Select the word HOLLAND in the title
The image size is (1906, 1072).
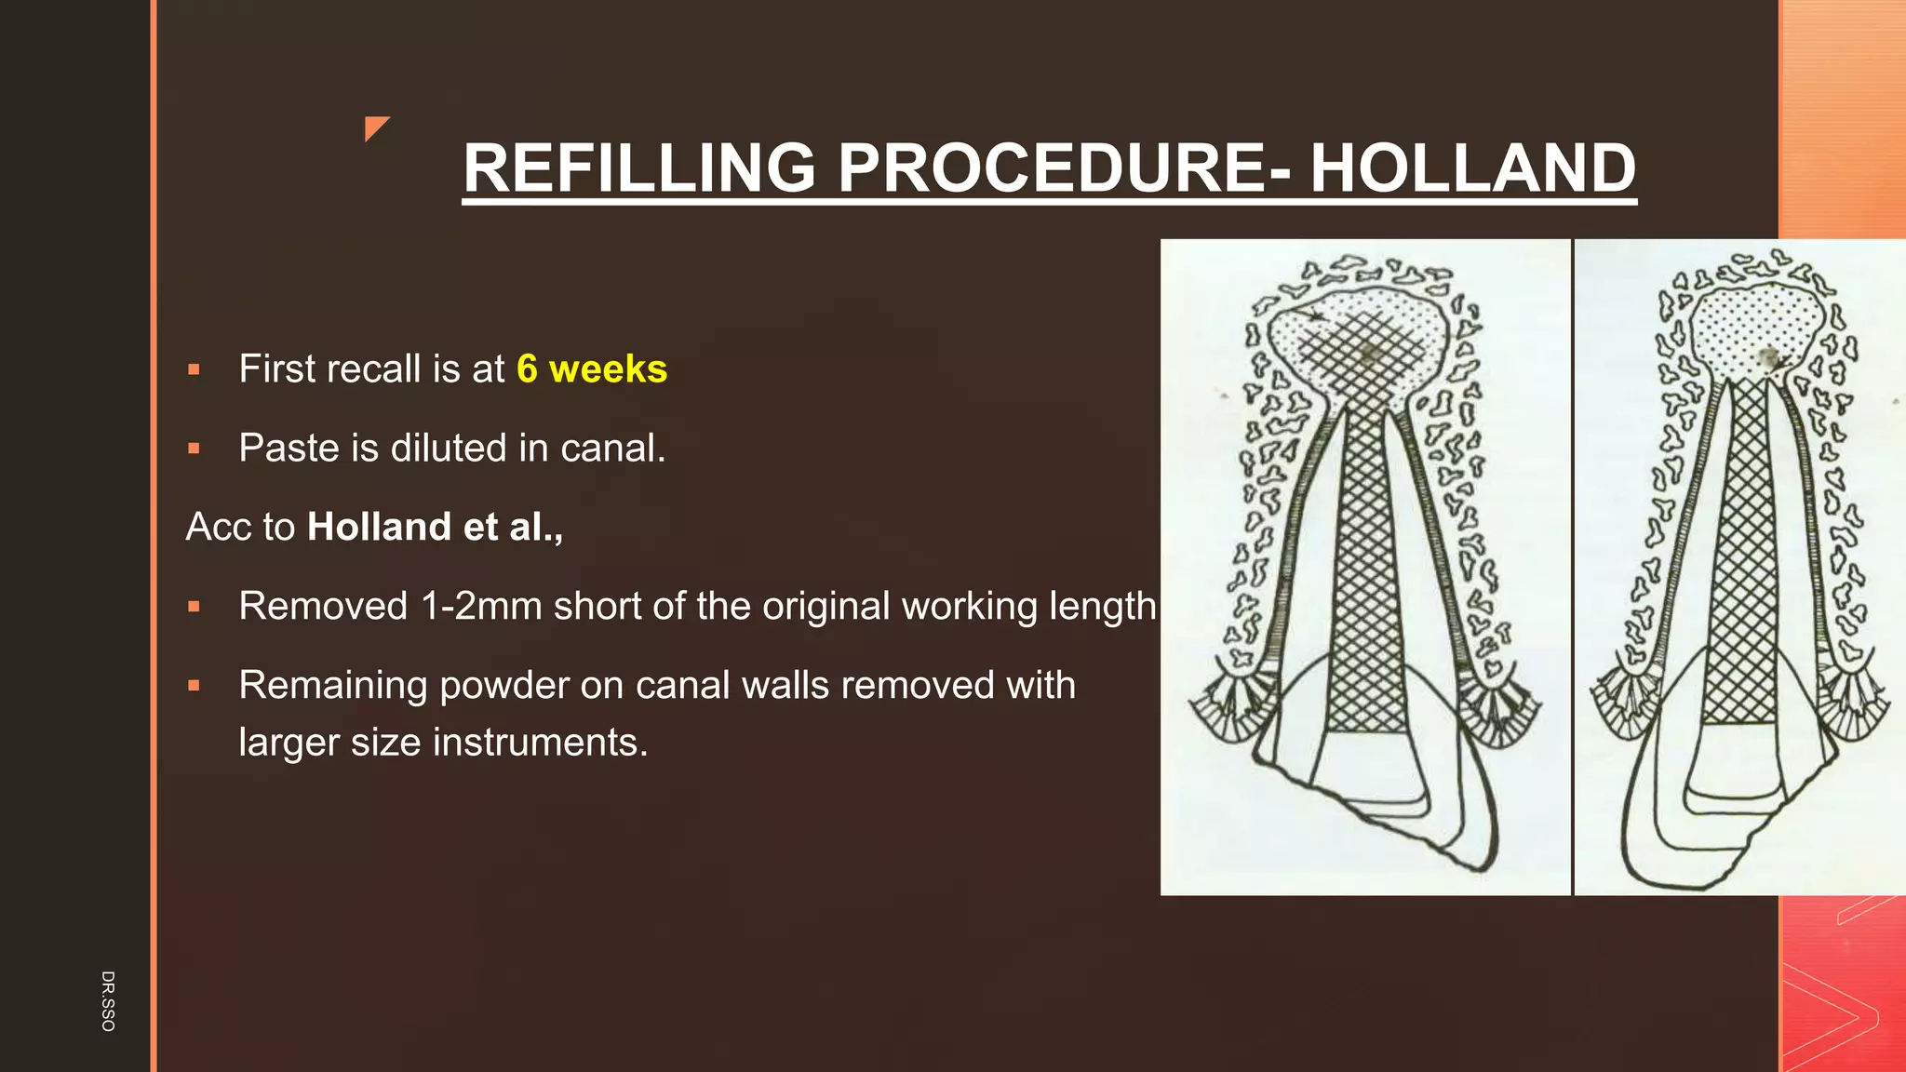point(1472,168)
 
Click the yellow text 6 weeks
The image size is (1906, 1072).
point(592,369)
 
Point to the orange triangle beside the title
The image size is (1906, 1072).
point(375,127)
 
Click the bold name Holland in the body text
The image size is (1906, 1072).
point(379,528)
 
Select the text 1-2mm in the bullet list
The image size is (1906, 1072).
point(480,607)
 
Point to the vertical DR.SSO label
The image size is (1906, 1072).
point(108,1000)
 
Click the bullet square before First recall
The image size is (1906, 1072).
point(194,370)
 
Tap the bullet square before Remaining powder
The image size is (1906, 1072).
point(194,687)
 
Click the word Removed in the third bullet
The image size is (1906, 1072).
point(323,607)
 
